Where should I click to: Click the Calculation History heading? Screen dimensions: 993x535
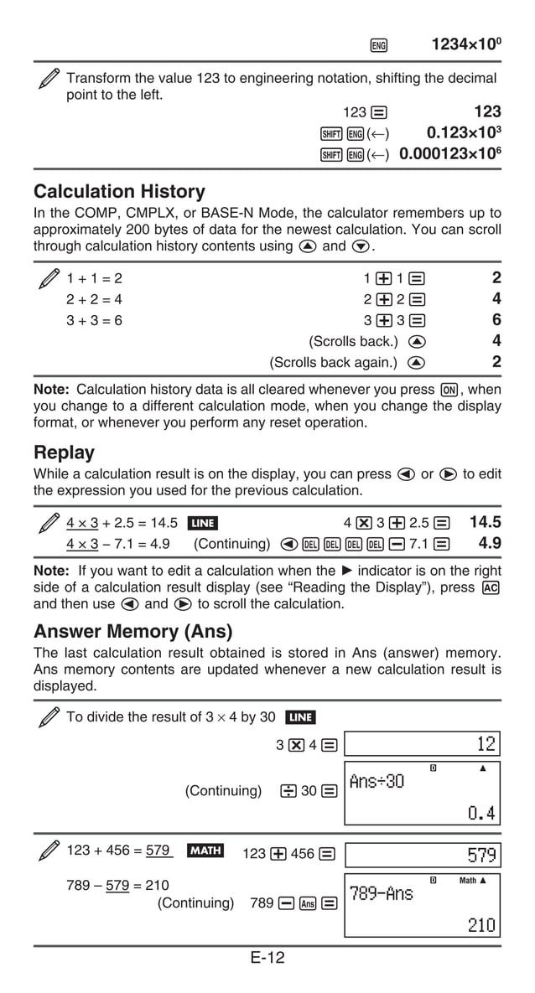(x=119, y=192)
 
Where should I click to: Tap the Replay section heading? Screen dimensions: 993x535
(x=64, y=453)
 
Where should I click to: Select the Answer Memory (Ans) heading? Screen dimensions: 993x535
(x=132, y=631)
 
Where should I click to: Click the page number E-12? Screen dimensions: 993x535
(x=267, y=958)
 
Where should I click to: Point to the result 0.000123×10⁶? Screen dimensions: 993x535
(x=450, y=154)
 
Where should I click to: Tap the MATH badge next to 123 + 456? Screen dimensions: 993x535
(x=205, y=851)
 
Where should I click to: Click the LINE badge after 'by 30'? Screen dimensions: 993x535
(x=300, y=717)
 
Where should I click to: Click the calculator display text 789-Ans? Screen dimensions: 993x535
(x=382, y=893)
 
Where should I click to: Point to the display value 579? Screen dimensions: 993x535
(x=482, y=856)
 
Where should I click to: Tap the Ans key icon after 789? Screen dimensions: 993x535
(x=308, y=903)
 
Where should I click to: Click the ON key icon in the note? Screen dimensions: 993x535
(x=450, y=390)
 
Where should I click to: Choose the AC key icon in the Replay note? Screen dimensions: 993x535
(x=492, y=587)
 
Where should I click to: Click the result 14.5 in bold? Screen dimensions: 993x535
(x=485, y=522)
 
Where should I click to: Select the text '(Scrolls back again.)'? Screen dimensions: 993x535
(x=333, y=363)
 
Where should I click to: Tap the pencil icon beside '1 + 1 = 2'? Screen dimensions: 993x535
(x=49, y=278)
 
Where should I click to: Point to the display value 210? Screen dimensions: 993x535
(x=482, y=925)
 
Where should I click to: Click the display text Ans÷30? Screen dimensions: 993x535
(x=377, y=782)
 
